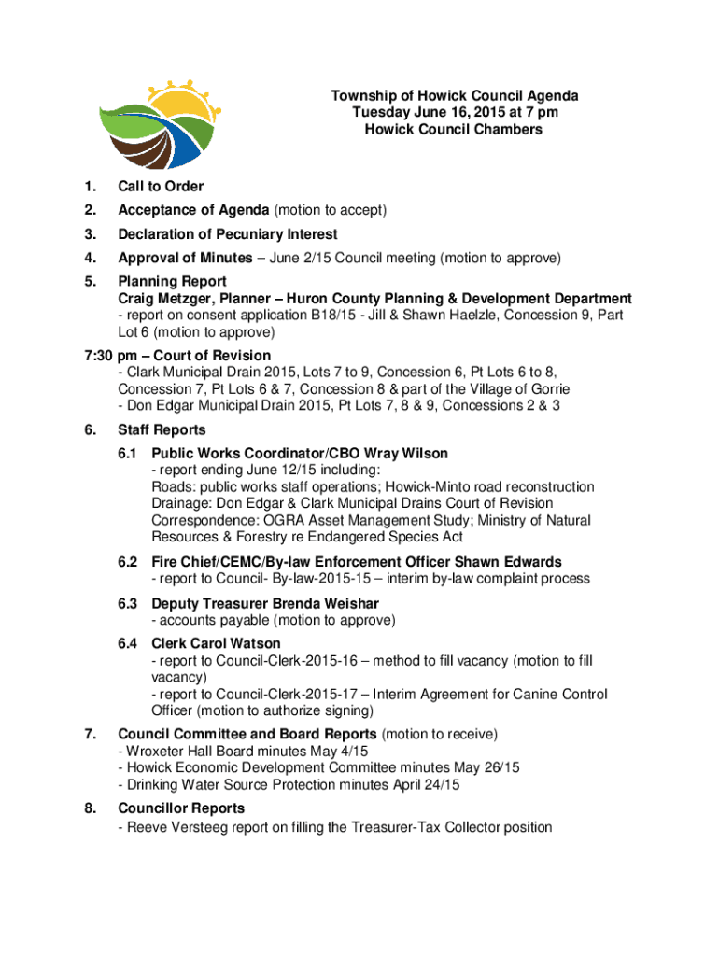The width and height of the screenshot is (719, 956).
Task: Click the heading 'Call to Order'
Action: tap(161, 187)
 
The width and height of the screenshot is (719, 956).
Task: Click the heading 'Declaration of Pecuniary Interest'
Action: tap(227, 234)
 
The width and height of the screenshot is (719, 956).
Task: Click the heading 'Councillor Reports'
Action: tap(181, 808)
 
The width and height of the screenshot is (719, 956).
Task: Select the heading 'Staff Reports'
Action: tap(161, 430)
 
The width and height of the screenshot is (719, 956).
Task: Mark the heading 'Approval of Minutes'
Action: tap(185, 258)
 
